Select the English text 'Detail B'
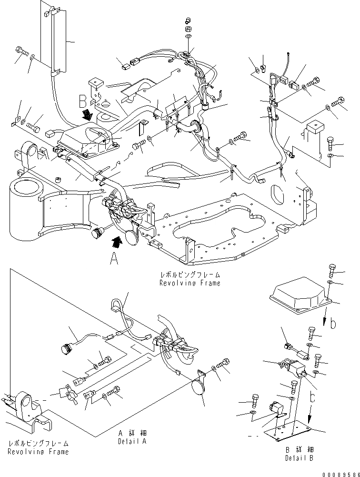299,458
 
